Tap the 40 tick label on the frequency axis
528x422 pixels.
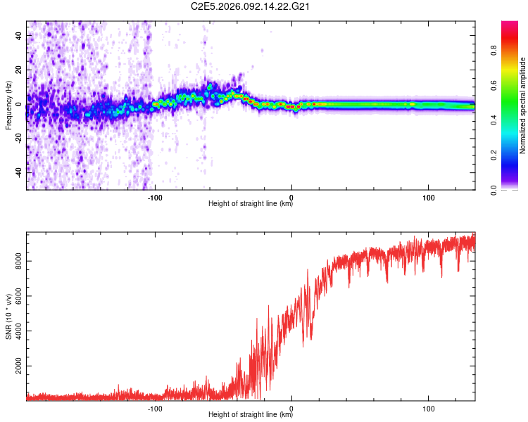[18, 35]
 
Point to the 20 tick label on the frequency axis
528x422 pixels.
[18, 70]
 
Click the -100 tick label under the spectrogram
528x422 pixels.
[155, 198]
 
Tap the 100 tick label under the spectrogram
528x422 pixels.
[428, 198]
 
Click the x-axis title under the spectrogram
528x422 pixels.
[251, 205]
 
